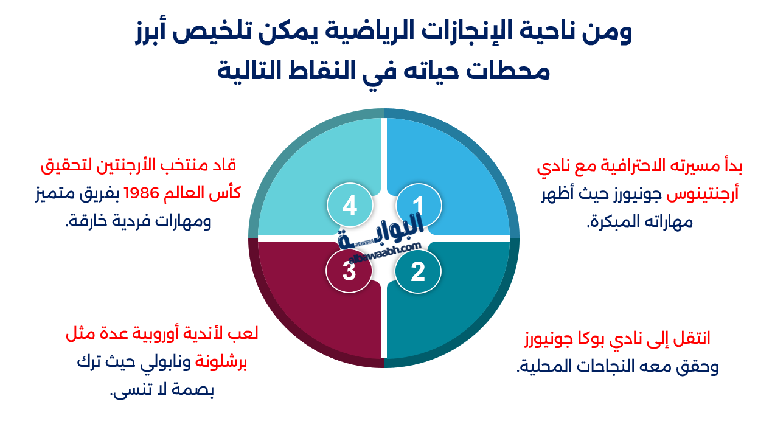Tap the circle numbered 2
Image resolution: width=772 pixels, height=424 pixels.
417,272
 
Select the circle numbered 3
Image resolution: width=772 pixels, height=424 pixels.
349,271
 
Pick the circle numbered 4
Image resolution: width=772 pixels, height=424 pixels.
350,206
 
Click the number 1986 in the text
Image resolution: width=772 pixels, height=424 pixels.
141,193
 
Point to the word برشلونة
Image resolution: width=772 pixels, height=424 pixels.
221,363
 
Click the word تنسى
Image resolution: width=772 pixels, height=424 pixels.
130,391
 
